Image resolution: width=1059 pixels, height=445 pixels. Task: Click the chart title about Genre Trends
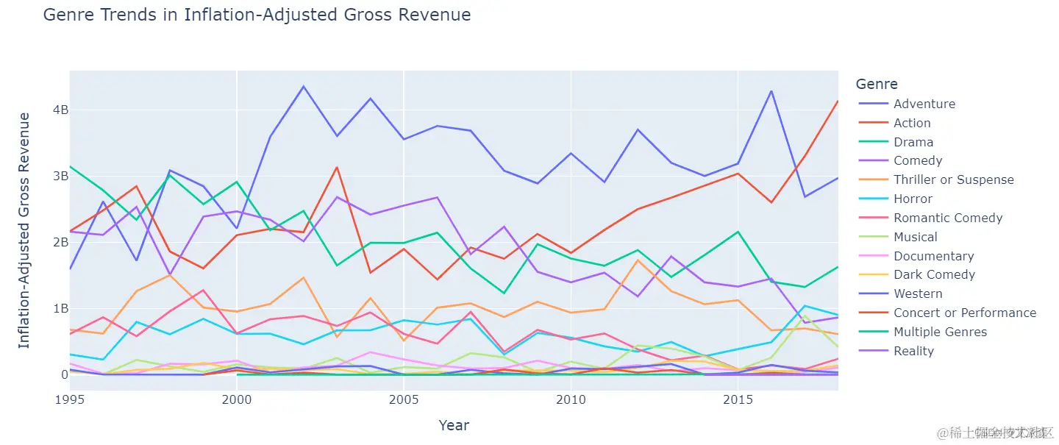[x=257, y=15]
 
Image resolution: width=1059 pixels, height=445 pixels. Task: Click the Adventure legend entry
[x=924, y=104]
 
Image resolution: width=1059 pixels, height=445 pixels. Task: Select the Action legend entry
[x=912, y=123]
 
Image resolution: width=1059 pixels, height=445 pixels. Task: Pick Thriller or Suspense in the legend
[x=953, y=179]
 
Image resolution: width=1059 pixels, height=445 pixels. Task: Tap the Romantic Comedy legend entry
[x=947, y=218]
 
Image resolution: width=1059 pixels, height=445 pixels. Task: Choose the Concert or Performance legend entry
[x=964, y=313]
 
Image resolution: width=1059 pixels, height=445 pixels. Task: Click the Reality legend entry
[x=913, y=351]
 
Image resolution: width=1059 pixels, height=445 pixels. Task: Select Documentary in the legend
[x=933, y=256]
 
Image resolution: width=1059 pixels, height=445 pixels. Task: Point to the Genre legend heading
[x=877, y=84]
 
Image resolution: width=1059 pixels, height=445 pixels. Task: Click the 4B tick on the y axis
[x=60, y=110]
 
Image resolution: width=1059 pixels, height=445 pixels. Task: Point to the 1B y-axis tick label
[x=60, y=308]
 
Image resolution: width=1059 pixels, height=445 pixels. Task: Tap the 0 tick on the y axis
[x=64, y=374]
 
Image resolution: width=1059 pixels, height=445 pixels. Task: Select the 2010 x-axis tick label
[x=571, y=399]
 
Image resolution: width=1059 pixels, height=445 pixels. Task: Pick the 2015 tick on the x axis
[x=738, y=399]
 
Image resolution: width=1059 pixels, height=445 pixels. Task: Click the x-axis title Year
[x=454, y=425]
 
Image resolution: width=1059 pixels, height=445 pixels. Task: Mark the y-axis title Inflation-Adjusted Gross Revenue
[x=24, y=230]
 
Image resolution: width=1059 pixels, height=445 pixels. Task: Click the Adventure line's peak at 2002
[x=304, y=86]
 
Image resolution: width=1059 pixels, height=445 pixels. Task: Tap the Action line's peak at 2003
[x=337, y=167]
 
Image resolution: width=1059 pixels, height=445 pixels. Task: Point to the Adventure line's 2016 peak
[x=771, y=91]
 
